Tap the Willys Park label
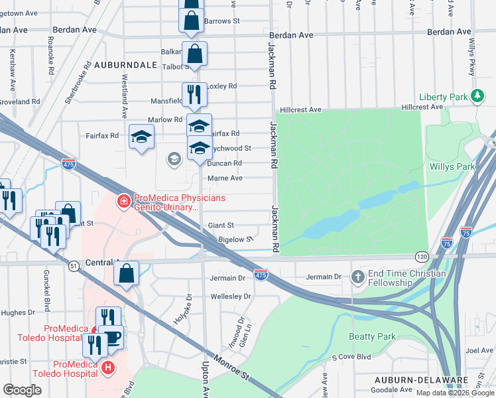click(x=452, y=166)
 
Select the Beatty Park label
click(x=372, y=336)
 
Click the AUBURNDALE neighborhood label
click(x=125, y=65)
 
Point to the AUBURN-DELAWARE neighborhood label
click(x=412, y=380)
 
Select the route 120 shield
click(x=422, y=256)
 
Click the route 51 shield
click(x=74, y=265)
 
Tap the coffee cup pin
click(x=113, y=336)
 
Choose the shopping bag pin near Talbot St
click(x=195, y=54)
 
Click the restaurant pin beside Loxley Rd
click(x=194, y=94)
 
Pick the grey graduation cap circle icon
click(x=174, y=158)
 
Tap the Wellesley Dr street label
click(x=230, y=296)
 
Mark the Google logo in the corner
click(x=22, y=390)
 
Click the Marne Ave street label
click(x=225, y=178)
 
